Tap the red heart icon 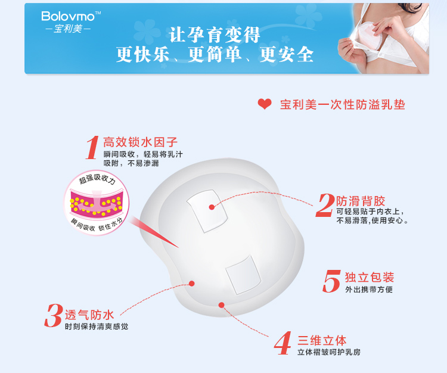point(264,104)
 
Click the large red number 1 point(92,148)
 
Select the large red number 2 point(325,206)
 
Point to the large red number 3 point(54,316)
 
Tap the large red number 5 point(331,281)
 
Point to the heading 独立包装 point(370,278)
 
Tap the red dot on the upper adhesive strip point(212,207)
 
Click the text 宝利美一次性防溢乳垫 point(343,105)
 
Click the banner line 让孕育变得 point(215,35)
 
